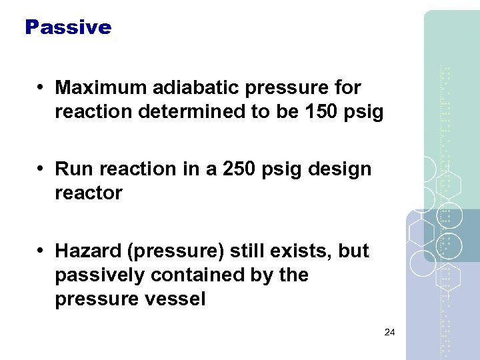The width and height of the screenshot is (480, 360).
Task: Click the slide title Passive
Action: pos(67,27)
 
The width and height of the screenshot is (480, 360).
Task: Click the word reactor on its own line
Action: pos(88,193)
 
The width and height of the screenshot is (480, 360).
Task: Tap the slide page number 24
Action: pos(390,332)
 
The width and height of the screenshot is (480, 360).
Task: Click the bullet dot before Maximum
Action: pos(41,88)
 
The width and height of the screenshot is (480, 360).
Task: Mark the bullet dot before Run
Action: pos(41,169)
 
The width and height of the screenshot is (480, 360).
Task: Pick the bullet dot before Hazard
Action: pos(41,251)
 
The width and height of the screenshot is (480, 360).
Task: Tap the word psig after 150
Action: pos(365,112)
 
